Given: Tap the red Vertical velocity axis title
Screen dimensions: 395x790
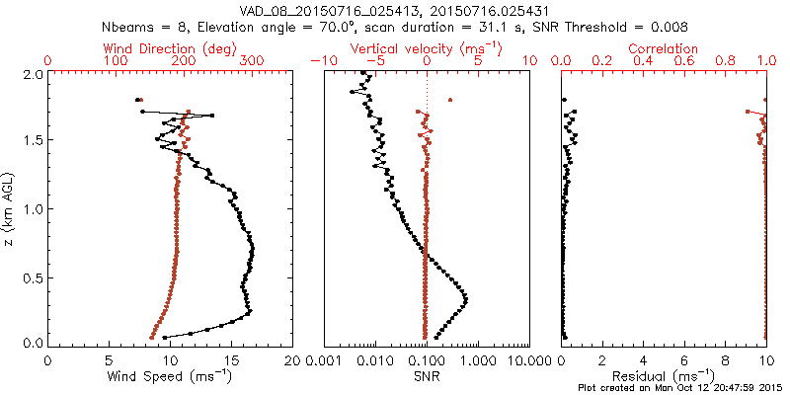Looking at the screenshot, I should click(x=427, y=48).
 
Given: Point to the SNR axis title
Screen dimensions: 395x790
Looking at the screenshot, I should click(x=427, y=376).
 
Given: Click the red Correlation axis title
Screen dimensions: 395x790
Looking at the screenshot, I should click(x=664, y=48).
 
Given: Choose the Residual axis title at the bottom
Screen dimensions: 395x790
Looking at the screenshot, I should click(x=664, y=376).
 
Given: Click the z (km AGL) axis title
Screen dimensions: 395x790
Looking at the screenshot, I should click(x=10, y=207).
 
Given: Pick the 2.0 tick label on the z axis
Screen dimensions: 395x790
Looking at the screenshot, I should click(x=32, y=74).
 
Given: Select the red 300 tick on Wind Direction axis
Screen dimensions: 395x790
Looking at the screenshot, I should click(x=252, y=61).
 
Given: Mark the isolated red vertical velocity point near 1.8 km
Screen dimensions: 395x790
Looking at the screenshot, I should click(x=450, y=100).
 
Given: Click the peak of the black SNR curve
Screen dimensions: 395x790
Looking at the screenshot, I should click(x=465, y=299).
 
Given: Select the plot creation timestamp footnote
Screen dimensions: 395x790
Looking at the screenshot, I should click(x=680, y=388).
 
